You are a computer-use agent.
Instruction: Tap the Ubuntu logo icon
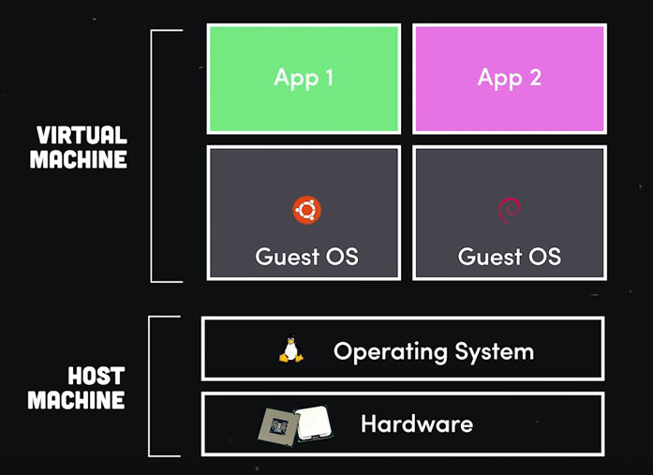coord(306,211)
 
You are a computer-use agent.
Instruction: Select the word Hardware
coord(417,424)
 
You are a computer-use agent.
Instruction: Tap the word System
coord(494,352)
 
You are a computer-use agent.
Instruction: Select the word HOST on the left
coord(97,378)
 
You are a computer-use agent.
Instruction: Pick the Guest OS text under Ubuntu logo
coord(306,256)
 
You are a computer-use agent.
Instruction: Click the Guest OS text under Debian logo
coord(510,256)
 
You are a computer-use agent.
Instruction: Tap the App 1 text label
coord(304,77)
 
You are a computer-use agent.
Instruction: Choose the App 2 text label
coord(510,77)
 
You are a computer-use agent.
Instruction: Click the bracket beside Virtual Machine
coord(154,155)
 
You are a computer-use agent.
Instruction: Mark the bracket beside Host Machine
coord(153,386)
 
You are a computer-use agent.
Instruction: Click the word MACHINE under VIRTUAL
coord(79,160)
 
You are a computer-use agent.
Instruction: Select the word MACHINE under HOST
coord(76,401)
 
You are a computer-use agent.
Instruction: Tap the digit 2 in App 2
coord(534,77)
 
